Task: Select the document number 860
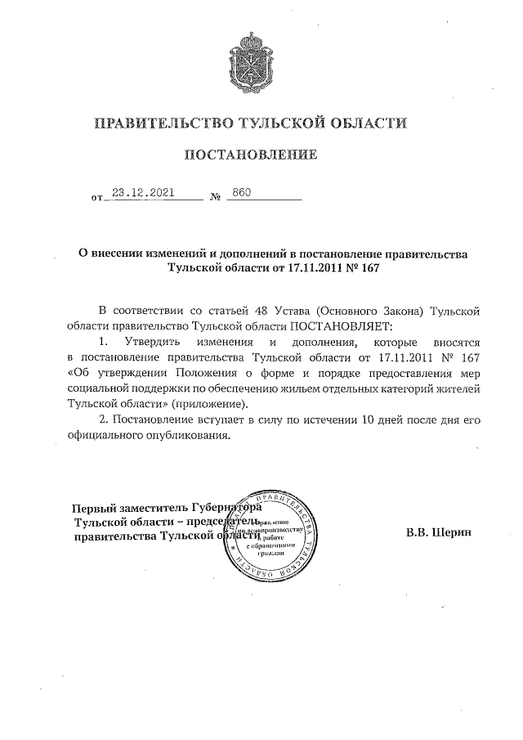coord(241,194)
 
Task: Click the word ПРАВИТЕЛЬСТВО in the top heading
coord(162,123)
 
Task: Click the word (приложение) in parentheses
coord(208,404)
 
